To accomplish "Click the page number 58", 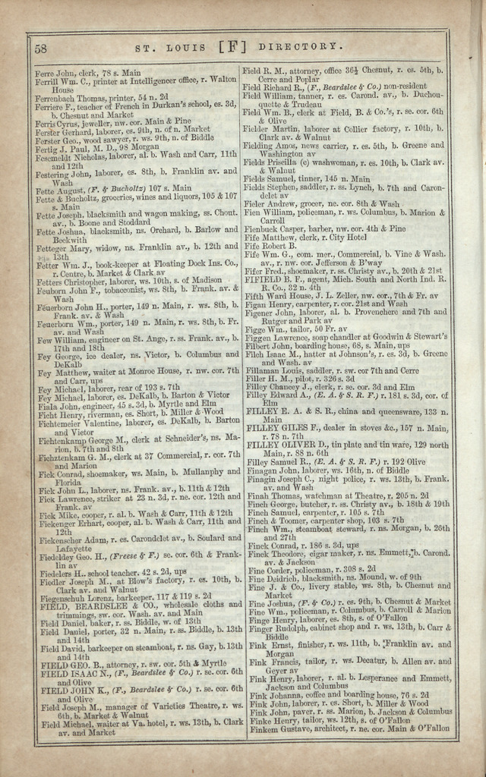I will pos(41,48).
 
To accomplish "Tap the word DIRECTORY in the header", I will pos(294,47).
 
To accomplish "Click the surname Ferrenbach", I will pos(58,97).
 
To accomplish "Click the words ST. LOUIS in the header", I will pos(171,48).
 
